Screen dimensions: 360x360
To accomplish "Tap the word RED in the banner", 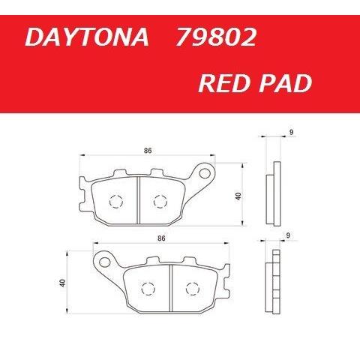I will (224, 83).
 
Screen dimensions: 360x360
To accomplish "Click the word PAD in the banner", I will (284, 83).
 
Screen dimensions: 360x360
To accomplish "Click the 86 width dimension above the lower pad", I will (161, 238).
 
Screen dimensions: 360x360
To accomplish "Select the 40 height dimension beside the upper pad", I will (238, 196).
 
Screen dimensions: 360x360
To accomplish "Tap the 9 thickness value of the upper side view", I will (290, 133).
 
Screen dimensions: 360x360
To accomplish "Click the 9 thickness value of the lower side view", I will (288, 235).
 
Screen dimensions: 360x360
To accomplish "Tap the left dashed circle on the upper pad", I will (115, 201).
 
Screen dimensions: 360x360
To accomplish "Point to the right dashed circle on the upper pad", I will (158, 201).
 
